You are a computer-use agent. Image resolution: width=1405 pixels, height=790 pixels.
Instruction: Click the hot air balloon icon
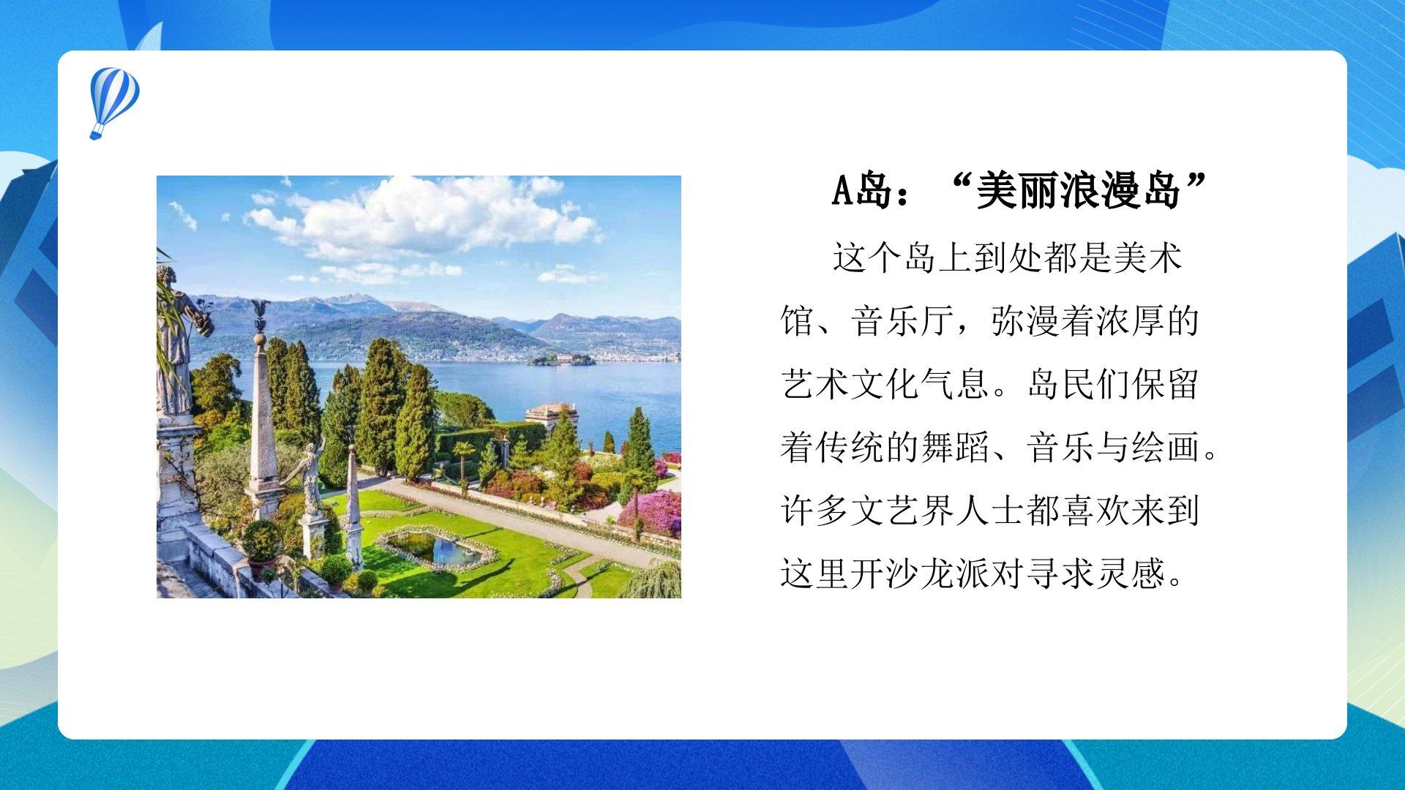114,102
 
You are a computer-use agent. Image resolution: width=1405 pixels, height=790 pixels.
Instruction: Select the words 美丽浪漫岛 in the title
1079,191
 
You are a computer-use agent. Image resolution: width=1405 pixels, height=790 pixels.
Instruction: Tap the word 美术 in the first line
1147,257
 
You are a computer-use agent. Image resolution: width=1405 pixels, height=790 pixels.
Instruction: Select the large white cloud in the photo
424,216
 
